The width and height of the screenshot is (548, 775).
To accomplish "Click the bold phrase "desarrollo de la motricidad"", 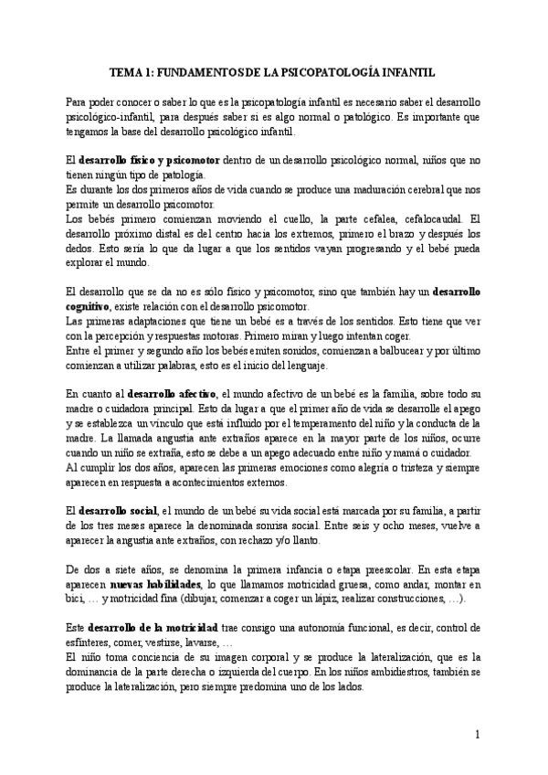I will point(153,630).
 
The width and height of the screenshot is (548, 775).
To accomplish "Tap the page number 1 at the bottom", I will point(477,734).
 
